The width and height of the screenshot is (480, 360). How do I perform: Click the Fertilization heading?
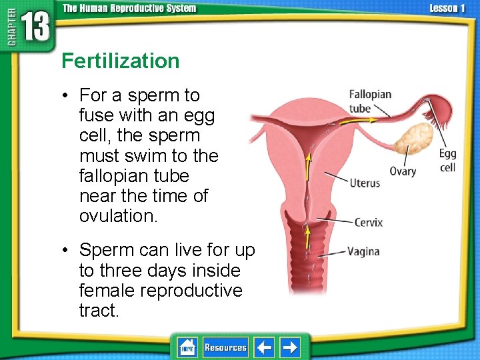(x=121, y=61)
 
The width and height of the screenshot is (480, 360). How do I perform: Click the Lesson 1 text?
(x=447, y=8)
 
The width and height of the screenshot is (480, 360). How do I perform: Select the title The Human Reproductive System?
(x=129, y=8)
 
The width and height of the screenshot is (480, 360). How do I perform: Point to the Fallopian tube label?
(x=370, y=101)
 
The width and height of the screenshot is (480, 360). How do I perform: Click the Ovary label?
(x=403, y=171)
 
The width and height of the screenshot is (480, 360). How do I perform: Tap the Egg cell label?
(x=448, y=161)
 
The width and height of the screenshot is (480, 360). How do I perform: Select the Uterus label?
(x=365, y=183)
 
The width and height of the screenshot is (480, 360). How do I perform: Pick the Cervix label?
(x=368, y=222)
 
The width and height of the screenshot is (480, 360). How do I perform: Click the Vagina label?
(x=363, y=251)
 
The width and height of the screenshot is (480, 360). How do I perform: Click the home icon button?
(x=187, y=347)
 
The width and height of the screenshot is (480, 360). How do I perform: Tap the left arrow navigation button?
(x=265, y=347)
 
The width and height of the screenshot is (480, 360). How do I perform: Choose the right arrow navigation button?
(x=290, y=347)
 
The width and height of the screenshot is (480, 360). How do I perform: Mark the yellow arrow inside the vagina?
(x=307, y=237)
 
